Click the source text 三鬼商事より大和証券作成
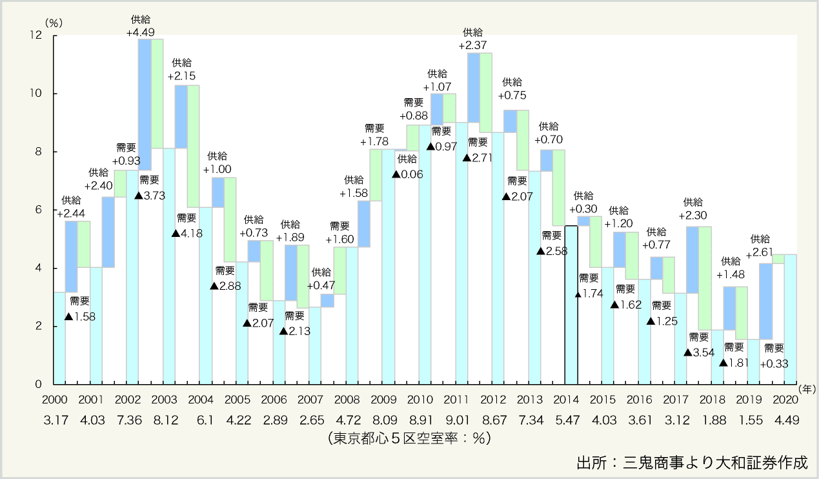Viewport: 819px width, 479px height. [691, 463]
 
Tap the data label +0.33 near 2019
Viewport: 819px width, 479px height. [774, 364]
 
